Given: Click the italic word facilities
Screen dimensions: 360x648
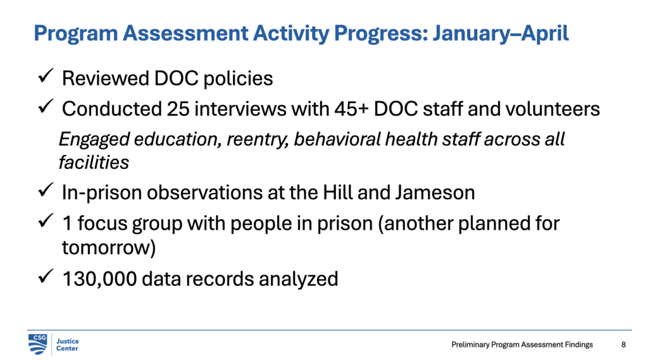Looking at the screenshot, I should pos(93,162).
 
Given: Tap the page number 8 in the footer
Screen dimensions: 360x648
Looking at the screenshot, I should pos(623,345).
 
